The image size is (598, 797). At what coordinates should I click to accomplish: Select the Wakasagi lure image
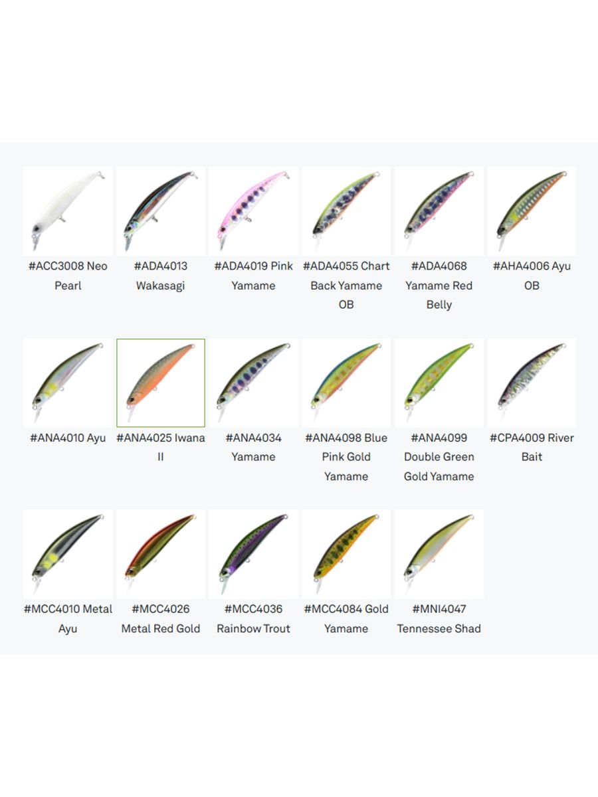159,208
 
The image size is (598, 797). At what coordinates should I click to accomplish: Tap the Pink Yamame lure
252,208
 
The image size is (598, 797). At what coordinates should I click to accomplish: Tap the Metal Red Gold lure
159,549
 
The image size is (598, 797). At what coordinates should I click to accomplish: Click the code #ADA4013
161,266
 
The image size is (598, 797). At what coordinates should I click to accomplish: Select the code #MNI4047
439,608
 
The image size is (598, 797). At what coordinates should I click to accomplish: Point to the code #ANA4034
253,438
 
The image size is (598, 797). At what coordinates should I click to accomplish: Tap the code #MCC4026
161,608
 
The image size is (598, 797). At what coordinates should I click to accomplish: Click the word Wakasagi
161,286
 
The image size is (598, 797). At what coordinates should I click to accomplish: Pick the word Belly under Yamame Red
439,305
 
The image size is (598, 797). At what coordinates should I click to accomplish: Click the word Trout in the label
277,628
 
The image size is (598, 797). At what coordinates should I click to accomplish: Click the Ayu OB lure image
531,208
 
